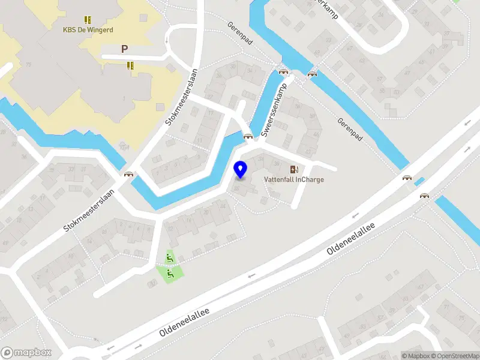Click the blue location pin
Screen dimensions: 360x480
click(241, 170)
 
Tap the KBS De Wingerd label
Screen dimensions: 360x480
click(88, 29)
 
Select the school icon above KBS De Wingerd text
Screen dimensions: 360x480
click(88, 19)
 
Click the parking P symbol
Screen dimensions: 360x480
click(124, 49)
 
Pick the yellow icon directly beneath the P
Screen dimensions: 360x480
click(130, 65)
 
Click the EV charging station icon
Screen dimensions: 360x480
click(294, 169)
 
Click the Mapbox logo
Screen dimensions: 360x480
click(26, 353)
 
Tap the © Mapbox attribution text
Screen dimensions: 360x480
click(415, 356)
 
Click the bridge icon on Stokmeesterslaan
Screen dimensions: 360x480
click(128, 175)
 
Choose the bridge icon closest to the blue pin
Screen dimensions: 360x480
click(247, 137)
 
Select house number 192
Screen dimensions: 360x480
click(4, 317)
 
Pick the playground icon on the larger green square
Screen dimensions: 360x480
click(170, 274)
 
